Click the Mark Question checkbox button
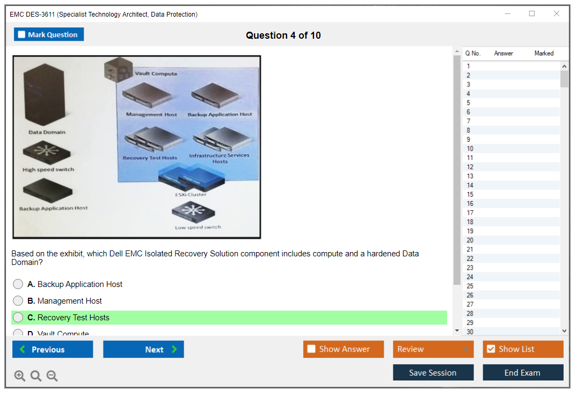[x=49, y=34]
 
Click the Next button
[x=143, y=349]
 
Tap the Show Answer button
[x=344, y=349]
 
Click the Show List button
[x=523, y=349]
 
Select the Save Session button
[x=433, y=372]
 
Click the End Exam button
[x=523, y=372]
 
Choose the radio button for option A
[x=18, y=284]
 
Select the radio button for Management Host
[x=18, y=301]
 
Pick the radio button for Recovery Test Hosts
[x=18, y=318]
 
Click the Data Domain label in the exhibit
[x=47, y=132]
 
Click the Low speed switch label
[x=198, y=227]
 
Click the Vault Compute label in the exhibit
[x=156, y=74]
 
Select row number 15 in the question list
[x=470, y=195]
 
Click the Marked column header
[x=544, y=53]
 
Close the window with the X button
[x=557, y=14]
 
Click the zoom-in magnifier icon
[x=20, y=376]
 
